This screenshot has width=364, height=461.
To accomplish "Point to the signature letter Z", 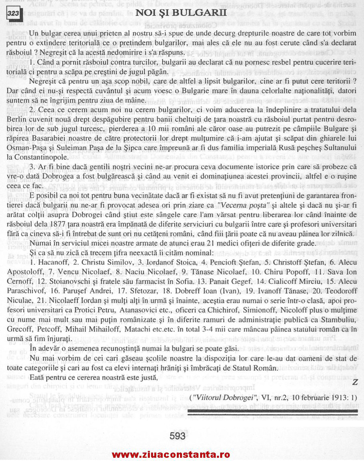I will point(354,382).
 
